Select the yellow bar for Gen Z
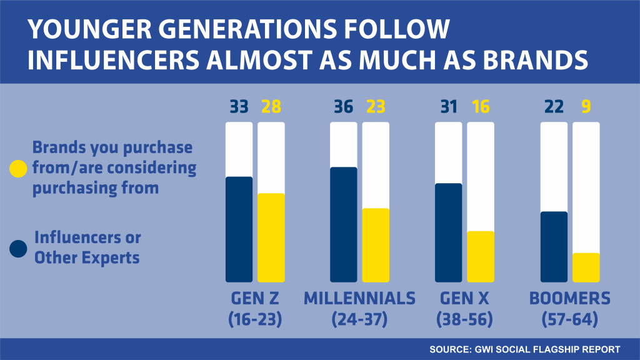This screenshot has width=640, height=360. point(271,237)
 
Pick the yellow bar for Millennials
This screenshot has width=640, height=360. point(376,245)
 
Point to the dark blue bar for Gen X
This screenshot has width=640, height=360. point(448,232)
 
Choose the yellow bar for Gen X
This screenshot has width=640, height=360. point(481,256)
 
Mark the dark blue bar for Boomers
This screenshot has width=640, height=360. point(553,246)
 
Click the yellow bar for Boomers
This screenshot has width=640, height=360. point(586,267)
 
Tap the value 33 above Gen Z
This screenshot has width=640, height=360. point(239,107)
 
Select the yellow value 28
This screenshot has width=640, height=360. point(271,107)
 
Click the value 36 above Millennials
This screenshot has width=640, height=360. point(343,107)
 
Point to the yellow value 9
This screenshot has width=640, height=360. point(586,107)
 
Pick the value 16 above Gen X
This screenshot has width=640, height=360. point(481,107)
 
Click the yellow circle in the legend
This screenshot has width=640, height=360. point(19,169)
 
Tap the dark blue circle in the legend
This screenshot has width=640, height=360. point(19,249)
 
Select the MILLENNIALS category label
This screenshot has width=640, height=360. point(359,299)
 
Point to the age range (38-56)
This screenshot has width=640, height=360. point(464,320)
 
